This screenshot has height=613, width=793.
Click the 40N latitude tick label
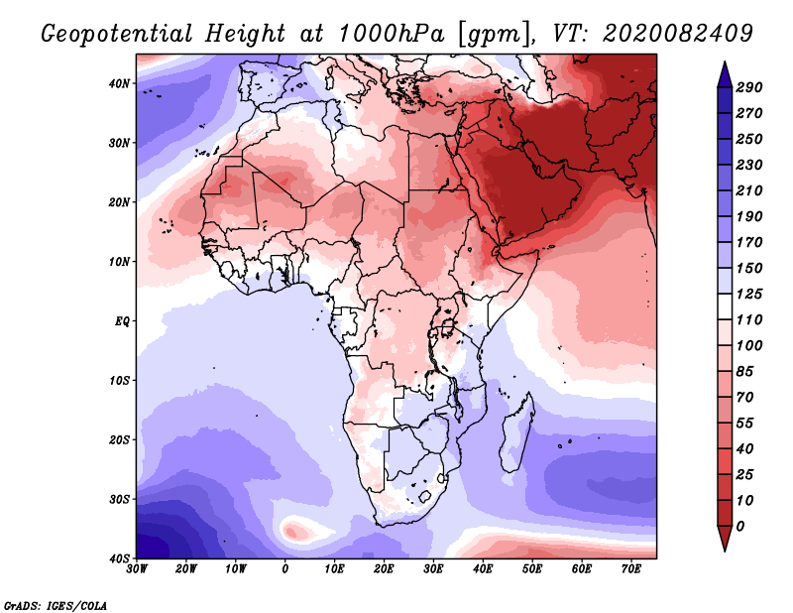[119, 83]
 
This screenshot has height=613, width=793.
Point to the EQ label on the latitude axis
[122, 321]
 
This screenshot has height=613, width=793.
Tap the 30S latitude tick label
[119, 499]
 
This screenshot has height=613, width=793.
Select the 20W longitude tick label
[185, 569]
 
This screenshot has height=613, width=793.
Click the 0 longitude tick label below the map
[284, 569]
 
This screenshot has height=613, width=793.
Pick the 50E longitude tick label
[532, 569]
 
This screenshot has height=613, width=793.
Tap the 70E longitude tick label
[630, 569]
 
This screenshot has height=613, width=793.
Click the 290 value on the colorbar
[748, 87]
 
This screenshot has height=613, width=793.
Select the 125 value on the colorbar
[748, 294]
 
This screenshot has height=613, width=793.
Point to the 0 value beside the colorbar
[740, 527]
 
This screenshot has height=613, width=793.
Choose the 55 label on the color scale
[744, 424]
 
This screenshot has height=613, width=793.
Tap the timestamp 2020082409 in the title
[678, 34]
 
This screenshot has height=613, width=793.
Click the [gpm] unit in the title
[495, 35]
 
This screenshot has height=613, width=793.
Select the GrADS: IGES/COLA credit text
[56, 606]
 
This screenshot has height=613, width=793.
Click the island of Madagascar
[516, 434]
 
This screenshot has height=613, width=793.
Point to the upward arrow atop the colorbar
[725, 74]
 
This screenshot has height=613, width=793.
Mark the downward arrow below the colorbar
[725, 539]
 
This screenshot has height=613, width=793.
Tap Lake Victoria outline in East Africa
[447, 327]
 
